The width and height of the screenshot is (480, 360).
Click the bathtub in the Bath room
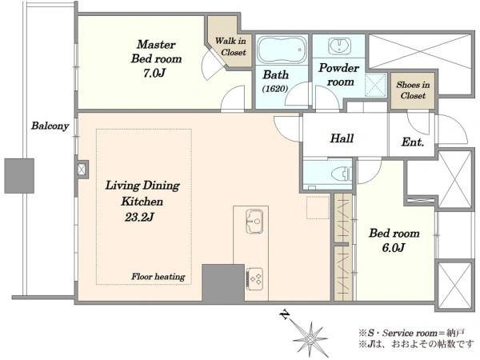click(x=282, y=50)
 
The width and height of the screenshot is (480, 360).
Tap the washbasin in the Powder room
click(x=339, y=46)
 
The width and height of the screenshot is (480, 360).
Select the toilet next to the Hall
click(x=342, y=174)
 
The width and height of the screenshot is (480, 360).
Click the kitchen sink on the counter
click(x=254, y=222)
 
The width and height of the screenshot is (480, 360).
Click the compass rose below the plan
click(x=310, y=339)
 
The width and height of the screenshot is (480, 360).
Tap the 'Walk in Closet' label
click(x=230, y=46)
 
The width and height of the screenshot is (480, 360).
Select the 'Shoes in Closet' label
click(x=413, y=90)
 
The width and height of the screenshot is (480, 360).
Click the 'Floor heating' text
click(x=158, y=277)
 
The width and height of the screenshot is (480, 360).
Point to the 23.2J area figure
click(x=139, y=218)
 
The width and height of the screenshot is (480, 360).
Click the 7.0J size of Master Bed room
click(x=154, y=73)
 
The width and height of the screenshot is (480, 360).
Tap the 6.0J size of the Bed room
click(x=394, y=247)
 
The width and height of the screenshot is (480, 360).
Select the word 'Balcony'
click(x=50, y=126)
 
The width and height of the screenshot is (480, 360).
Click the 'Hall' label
click(x=342, y=138)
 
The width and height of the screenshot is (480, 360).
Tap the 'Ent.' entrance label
click(x=413, y=142)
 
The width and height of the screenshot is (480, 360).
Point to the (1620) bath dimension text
click(x=275, y=89)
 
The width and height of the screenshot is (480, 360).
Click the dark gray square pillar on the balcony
click(x=19, y=176)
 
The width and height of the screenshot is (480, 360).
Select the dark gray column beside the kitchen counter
click(x=223, y=283)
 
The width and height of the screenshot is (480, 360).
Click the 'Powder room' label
click(x=339, y=74)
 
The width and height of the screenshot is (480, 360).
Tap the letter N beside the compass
click(x=285, y=314)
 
